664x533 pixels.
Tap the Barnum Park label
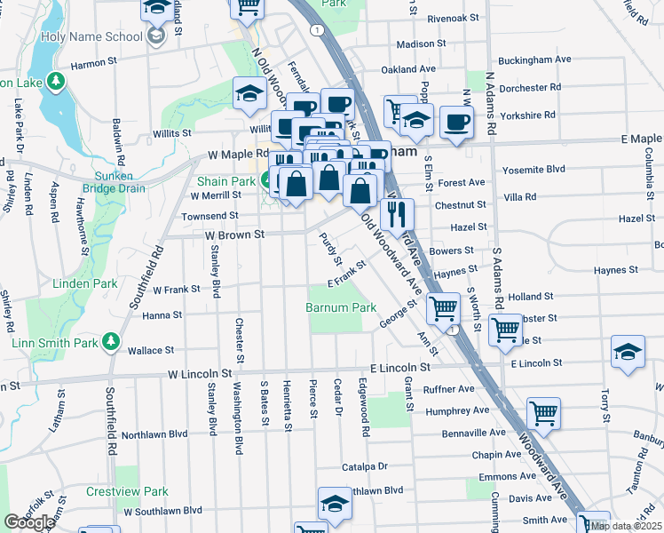(x=341, y=307)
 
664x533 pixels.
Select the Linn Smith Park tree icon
(x=111, y=340)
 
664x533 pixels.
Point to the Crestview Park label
(x=127, y=491)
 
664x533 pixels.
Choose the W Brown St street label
(x=235, y=235)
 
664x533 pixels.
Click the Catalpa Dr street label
(x=365, y=465)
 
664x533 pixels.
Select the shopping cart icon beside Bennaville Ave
(x=543, y=412)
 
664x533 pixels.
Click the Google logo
(x=28, y=522)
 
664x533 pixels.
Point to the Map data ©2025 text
(x=626, y=526)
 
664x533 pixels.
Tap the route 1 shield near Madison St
(x=316, y=30)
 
